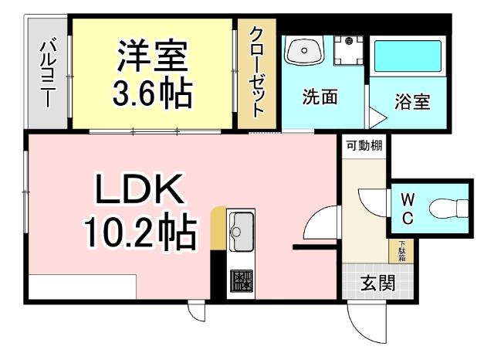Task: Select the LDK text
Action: pyautogui.click(x=138, y=188)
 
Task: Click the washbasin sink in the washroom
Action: pyautogui.click(x=302, y=53)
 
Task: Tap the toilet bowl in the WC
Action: pyautogui.click(x=447, y=208)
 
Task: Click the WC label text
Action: pyautogui.click(x=408, y=208)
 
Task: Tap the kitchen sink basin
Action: pyautogui.click(x=239, y=229)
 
